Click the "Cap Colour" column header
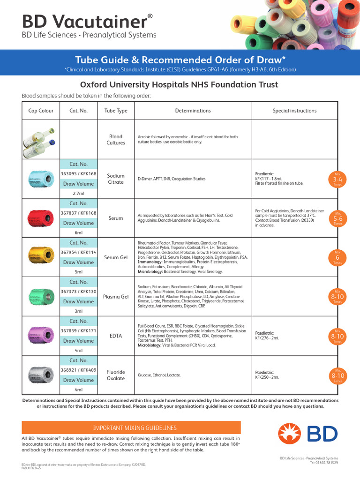coord(41,111)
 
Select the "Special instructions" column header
coord(294,111)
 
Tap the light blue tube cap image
coord(40,179)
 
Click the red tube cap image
coord(40,218)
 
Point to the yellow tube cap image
coord(40,257)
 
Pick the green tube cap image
coord(40,297)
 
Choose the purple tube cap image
coord(40,336)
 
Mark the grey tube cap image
coord(40,375)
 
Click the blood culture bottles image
coord(40,140)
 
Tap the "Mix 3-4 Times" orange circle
coord(337,179)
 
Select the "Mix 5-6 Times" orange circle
coord(337,218)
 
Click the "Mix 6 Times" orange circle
coord(337,258)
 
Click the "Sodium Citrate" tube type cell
coord(116,179)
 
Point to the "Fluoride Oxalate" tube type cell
coord(116,375)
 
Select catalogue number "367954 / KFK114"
coord(78,253)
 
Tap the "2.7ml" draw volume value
coord(78,193)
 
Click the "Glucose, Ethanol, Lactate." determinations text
coord(159,375)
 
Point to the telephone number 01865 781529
coord(324,463)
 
